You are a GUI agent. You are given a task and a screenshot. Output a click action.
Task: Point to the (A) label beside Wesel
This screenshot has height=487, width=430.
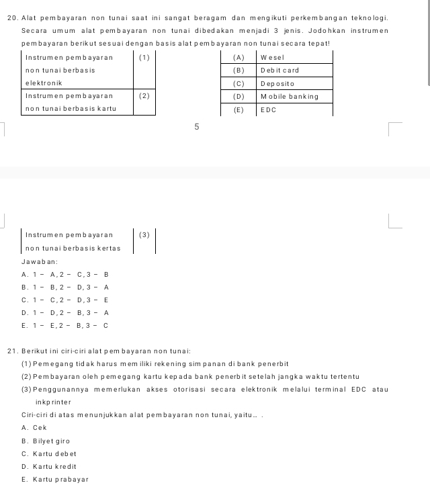coord(238,57)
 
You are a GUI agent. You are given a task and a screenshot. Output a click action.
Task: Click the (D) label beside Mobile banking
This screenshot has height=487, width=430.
coord(238,96)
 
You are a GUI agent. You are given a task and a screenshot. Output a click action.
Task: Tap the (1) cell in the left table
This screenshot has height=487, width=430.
coord(143,57)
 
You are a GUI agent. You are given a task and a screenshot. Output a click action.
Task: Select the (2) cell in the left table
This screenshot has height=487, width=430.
coord(143,96)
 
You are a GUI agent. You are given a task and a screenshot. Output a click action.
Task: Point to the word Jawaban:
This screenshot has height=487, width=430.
coord(38,261)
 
